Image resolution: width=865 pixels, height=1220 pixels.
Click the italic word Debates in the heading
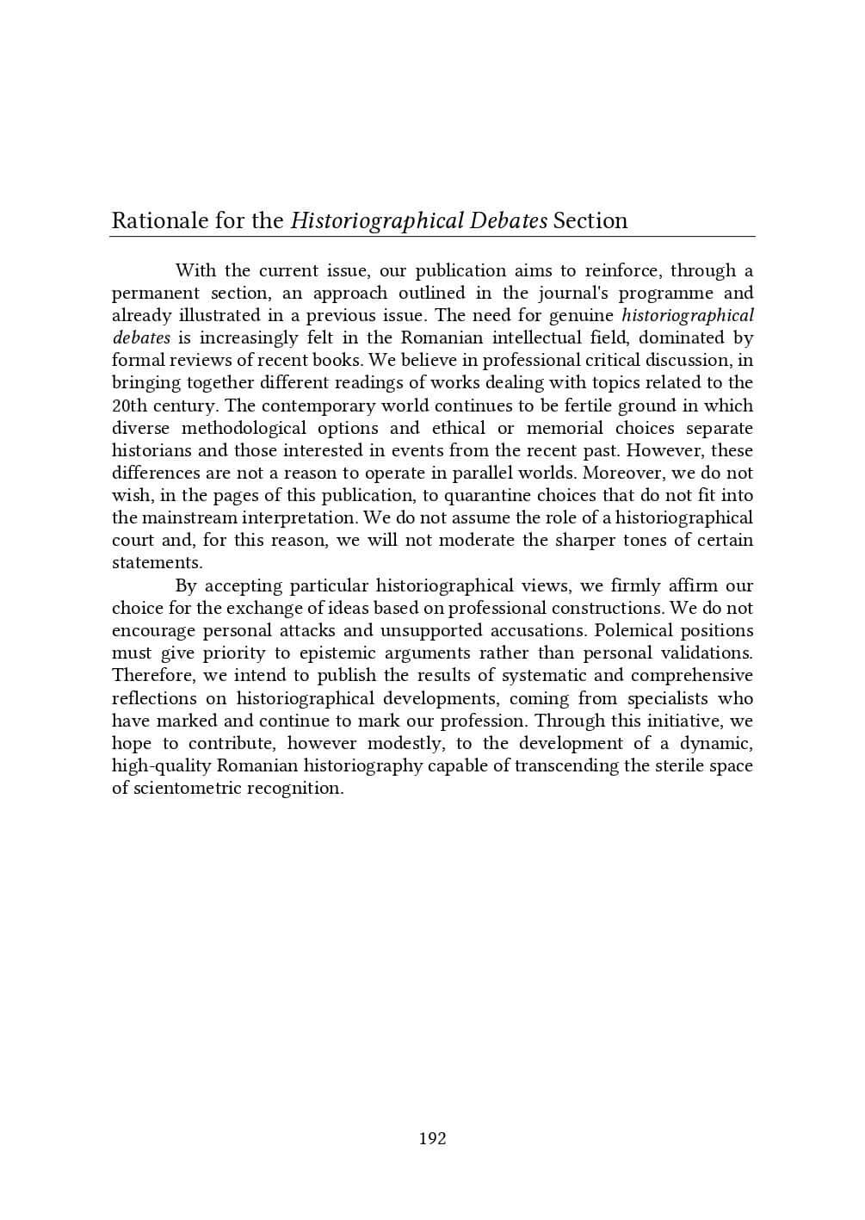509,221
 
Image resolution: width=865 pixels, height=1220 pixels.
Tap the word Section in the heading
590,221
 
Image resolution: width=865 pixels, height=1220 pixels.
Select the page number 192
432,1139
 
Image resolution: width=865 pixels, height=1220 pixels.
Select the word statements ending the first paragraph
157,562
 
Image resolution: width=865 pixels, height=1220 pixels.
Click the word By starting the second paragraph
186,585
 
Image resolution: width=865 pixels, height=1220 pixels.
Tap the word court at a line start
133,540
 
